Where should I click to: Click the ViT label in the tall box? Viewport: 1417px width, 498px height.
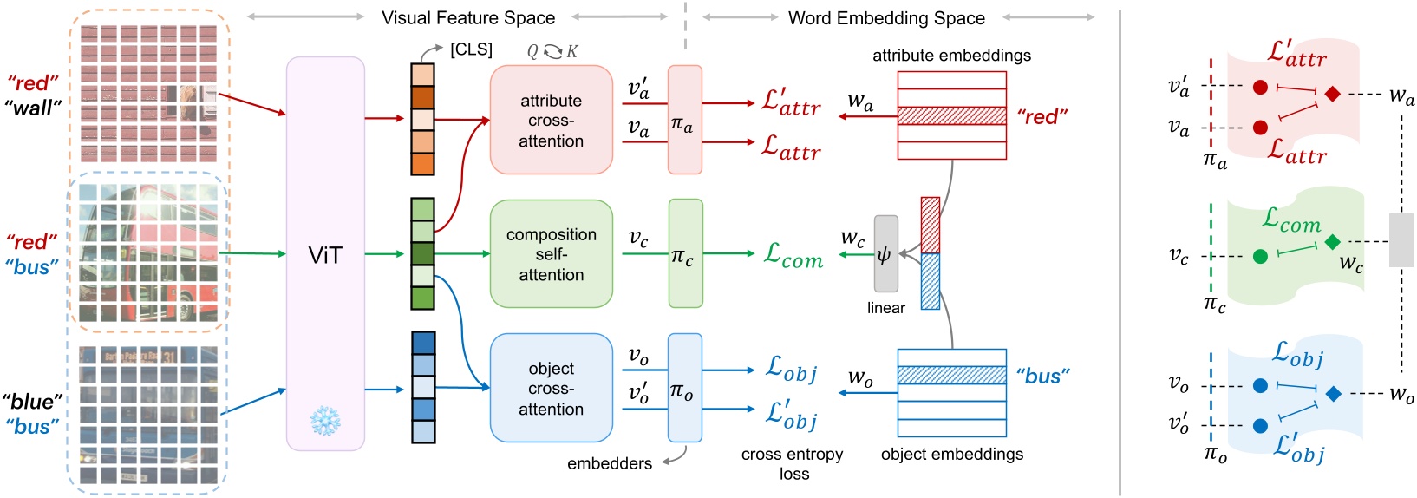[x=325, y=255]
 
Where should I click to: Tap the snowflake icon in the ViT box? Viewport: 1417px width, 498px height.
[x=325, y=422]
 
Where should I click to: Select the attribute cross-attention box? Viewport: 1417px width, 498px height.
[x=551, y=120]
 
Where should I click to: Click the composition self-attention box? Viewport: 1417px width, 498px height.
[x=551, y=253]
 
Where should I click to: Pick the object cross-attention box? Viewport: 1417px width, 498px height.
[x=551, y=388]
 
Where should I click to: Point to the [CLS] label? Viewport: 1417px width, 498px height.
[x=471, y=49]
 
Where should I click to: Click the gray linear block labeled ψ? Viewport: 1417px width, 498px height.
[x=885, y=255]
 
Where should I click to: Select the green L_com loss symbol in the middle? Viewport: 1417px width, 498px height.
[x=793, y=254]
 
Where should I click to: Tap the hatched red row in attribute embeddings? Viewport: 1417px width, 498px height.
[x=951, y=115]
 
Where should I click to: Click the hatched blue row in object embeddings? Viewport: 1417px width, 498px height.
[x=951, y=375]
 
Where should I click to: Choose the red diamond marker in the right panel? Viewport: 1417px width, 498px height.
[x=1333, y=94]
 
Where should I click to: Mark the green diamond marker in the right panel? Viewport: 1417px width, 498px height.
[x=1333, y=242]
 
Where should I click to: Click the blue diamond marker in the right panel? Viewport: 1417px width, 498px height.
[x=1334, y=394]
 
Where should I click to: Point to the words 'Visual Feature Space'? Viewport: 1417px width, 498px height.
[x=468, y=17]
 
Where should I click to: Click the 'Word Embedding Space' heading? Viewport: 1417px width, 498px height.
[x=886, y=17]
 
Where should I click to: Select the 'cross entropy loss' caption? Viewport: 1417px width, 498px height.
[x=793, y=463]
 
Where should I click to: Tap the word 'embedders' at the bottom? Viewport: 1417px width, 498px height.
[x=610, y=463]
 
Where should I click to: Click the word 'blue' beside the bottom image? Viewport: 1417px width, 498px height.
[x=33, y=402]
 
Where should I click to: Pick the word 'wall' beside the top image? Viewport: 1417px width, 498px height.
[x=33, y=108]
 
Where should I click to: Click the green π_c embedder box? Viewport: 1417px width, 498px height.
[x=685, y=253]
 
